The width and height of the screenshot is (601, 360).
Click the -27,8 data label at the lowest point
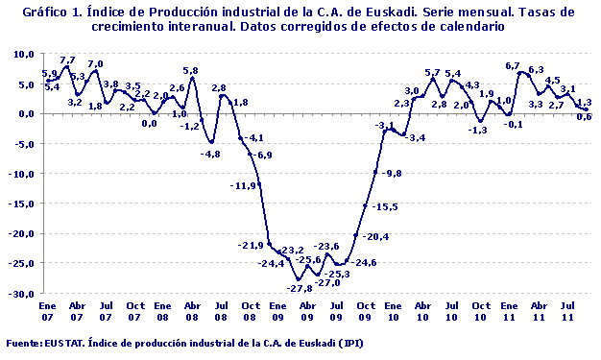coord(300,289)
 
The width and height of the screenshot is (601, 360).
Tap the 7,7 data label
coord(67,60)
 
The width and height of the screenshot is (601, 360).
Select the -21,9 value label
coord(252,245)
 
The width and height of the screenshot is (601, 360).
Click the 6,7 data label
coord(514,65)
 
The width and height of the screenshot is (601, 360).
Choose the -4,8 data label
coord(209,154)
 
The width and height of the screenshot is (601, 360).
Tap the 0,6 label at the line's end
coord(584,117)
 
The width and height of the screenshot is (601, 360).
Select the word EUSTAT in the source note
coord(66,343)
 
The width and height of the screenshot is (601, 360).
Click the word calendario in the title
coord(473,27)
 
